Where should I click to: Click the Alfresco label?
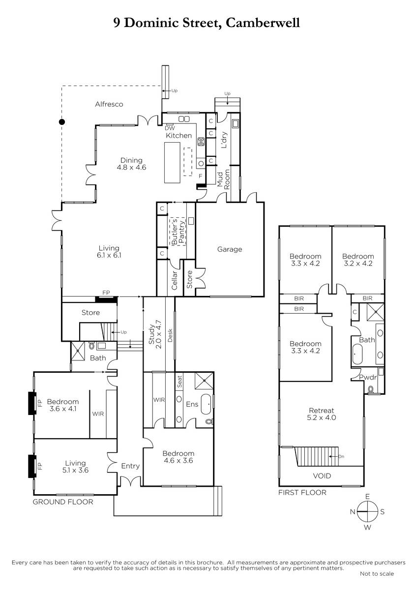(x=109, y=104)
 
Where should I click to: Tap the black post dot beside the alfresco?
(x=62, y=122)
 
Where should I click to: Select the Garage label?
(x=230, y=249)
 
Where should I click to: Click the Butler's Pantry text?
(x=178, y=231)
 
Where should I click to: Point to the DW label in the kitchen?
(x=170, y=128)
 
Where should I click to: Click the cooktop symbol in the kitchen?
(x=201, y=142)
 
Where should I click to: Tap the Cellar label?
(x=175, y=280)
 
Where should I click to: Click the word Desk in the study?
(x=170, y=335)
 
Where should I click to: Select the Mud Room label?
(x=223, y=179)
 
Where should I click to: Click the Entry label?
(x=130, y=466)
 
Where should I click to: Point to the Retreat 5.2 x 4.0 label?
(x=322, y=414)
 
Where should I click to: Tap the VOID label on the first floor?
(x=322, y=476)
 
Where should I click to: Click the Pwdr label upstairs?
(x=368, y=378)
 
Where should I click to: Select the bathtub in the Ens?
(x=206, y=404)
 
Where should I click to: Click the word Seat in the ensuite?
(x=179, y=382)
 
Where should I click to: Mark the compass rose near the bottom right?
(x=367, y=512)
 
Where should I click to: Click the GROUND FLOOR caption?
(x=63, y=502)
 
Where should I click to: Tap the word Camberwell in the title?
(x=263, y=23)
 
